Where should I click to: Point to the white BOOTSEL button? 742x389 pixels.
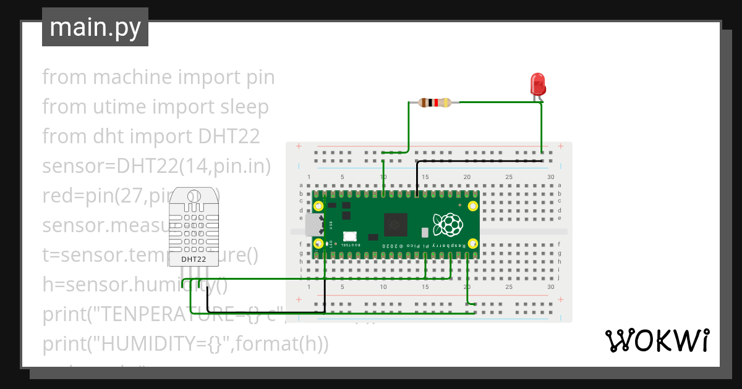point(350,236)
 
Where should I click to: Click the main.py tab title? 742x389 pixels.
point(95,27)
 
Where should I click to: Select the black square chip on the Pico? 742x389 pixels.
point(395,224)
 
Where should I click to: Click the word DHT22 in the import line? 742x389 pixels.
point(229,136)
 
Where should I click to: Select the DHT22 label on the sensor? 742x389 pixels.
point(194,259)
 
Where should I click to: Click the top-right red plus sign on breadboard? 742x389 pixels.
point(560,146)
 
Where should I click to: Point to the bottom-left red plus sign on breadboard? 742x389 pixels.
point(299,300)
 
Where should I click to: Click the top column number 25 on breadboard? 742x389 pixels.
point(509,177)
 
